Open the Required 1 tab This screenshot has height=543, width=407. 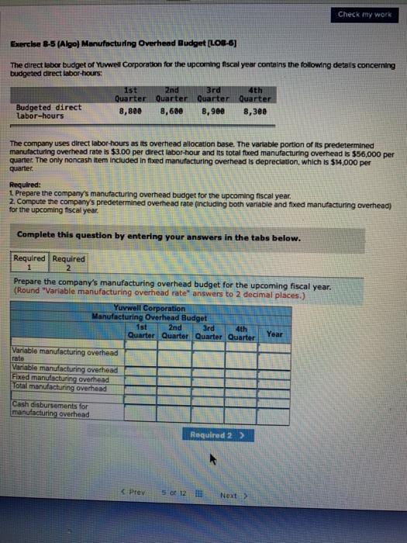click(31, 264)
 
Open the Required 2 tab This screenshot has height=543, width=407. click(69, 264)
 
